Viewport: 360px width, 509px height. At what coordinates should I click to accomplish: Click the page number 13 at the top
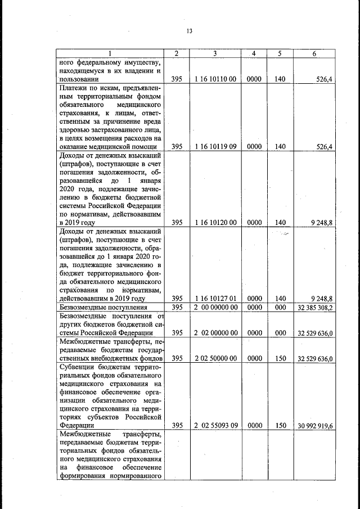[190, 31]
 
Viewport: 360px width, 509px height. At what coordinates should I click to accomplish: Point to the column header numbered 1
[111, 53]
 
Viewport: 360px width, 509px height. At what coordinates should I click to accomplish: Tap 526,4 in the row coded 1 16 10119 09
[325, 147]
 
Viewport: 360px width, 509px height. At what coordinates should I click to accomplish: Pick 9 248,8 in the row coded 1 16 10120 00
[322, 222]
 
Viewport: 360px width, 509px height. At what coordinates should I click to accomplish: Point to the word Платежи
[75, 88]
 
